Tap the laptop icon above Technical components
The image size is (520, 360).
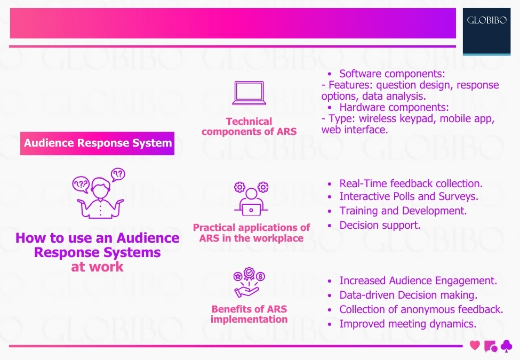249,93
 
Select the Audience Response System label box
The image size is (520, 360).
98,143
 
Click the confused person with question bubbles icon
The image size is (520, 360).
98,192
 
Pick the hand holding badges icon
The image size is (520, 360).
249,283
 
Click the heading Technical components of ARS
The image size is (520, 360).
249,126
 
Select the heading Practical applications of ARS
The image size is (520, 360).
251,233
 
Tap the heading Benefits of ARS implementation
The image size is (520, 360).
249,314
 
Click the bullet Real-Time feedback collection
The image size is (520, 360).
411,183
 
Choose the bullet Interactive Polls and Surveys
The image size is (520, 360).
409,197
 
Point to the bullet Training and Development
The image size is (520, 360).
403,211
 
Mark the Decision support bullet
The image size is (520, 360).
380,225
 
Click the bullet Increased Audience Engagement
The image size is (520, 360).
418,281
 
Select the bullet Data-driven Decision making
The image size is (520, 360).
408,295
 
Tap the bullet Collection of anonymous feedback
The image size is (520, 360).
421,309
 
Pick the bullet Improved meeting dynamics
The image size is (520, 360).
407,324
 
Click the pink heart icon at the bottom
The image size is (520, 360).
475,346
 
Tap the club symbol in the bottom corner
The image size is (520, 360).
506,346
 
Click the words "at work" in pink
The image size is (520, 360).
97,267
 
